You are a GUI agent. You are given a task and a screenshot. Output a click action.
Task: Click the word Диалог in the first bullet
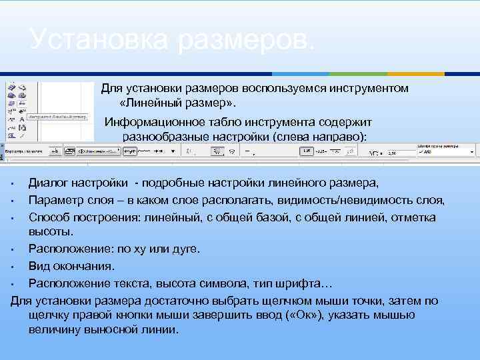[x=48, y=183]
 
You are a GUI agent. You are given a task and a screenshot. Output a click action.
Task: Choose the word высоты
[x=50, y=231]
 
